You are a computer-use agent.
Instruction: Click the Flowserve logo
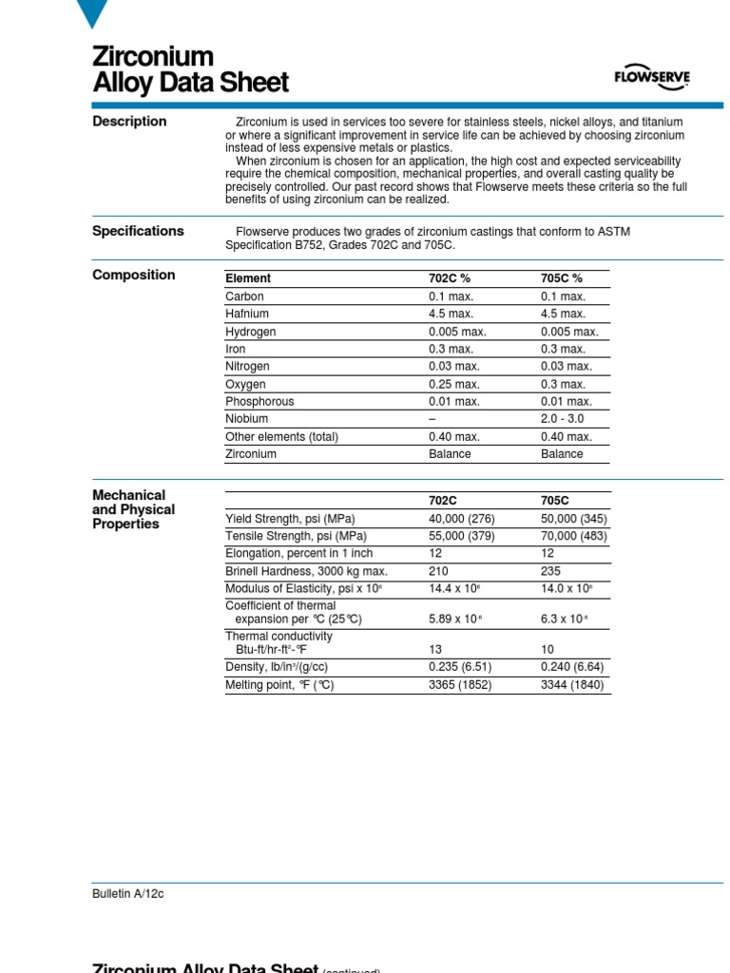point(652,79)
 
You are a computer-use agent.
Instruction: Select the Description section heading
point(129,122)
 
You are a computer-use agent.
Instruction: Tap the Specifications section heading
point(138,231)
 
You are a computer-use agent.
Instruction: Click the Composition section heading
point(133,276)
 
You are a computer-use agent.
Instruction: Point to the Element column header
point(248,278)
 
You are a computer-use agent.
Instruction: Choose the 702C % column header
point(451,278)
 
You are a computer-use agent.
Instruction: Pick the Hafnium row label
point(247,314)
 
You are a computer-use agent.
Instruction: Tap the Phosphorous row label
point(259,402)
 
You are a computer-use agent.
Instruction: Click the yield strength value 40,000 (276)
point(462,519)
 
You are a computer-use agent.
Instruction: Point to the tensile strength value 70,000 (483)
point(574,536)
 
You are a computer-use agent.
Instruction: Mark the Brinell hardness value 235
point(550,571)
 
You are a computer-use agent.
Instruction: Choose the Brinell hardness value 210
point(438,571)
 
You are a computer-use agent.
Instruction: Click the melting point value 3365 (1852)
point(460,685)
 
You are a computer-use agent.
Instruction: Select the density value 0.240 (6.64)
point(572,667)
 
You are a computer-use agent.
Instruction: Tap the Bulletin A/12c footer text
point(128,894)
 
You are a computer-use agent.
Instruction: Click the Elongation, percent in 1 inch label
point(298,554)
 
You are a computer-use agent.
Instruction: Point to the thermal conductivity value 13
point(435,649)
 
